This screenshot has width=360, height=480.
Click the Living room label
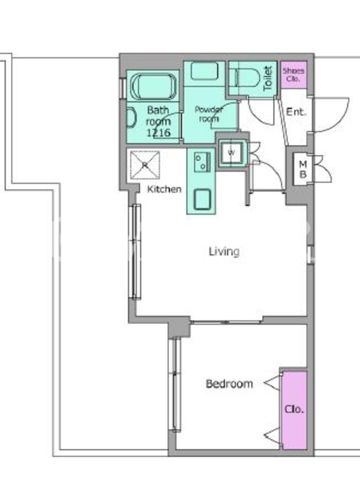pyautogui.click(x=224, y=251)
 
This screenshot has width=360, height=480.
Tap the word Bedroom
pyautogui.click(x=229, y=383)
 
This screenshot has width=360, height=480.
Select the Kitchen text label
pyautogui.click(x=164, y=189)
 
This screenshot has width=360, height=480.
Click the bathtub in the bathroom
pyautogui.click(x=154, y=86)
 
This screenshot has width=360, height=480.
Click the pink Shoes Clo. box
pyautogui.click(x=294, y=75)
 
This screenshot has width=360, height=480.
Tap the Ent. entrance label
pyautogui.click(x=296, y=112)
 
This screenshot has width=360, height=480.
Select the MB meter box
pyautogui.click(x=303, y=169)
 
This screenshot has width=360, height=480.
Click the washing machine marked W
pyautogui.click(x=232, y=152)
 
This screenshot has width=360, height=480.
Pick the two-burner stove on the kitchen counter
pyautogui.click(x=202, y=161)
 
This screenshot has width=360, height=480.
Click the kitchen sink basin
pyautogui.click(x=202, y=199)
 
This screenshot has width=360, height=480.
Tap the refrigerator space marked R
pyautogui.click(x=145, y=165)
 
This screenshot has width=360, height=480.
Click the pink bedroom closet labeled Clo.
pyautogui.click(x=294, y=410)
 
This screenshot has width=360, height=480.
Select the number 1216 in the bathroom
pyautogui.click(x=158, y=133)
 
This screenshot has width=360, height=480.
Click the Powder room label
pyautogui.click(x=209, y=114)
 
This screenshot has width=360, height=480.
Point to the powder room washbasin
pyautogui.click(x=205, y=71)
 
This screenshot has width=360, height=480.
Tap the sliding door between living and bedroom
pyautogui.click(x=226, y=322)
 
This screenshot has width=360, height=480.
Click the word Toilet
pyautogui.click(x=268, y=79)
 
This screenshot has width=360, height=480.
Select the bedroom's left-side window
pyautogui.click(x=175, y=384)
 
